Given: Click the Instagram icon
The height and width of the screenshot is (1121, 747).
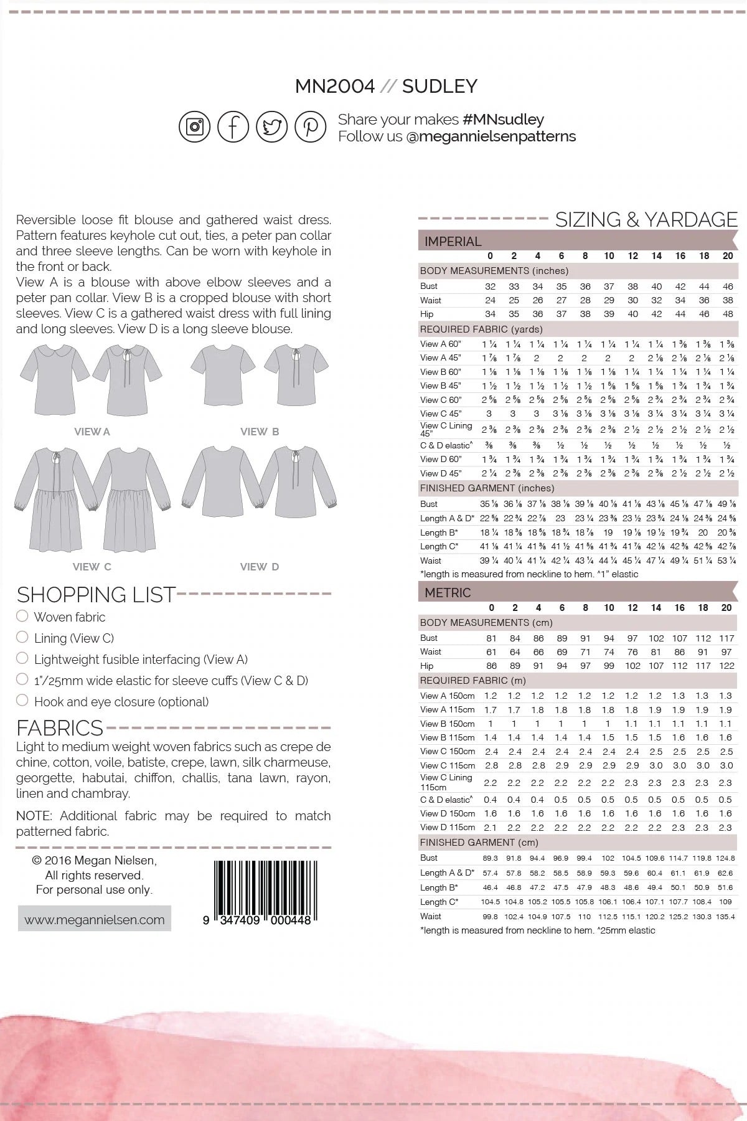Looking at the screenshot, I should click(x=195, y=127).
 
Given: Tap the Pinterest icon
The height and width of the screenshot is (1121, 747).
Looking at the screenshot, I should click(x=310, y=127).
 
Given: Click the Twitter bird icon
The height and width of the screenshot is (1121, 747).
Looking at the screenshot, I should click(x=271, y=127).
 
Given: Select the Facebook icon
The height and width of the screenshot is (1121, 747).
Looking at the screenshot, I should click(x=233, y=127).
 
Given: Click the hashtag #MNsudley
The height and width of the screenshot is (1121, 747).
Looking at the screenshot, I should click(x=504, y=120).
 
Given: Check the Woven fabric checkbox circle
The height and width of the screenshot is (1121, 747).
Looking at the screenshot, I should click(x=22, y=617).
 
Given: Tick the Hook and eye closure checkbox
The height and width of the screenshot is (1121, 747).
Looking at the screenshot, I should click(x=22, y=701).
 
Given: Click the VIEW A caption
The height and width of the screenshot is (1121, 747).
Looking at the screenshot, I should click(x=92, y=432).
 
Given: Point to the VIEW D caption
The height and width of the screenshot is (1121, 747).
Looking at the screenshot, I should click(x=259, y=567).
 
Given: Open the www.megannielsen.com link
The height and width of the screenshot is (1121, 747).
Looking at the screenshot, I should click(x=95, y=920).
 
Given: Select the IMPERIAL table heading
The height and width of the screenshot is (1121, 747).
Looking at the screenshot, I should click(x=453, y=242).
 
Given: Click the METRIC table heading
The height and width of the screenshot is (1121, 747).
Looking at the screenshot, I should click(x=448, y=593).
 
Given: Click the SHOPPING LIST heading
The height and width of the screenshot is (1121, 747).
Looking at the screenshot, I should click(x=96, y=595).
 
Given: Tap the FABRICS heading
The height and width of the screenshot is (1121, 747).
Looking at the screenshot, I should click(x=60, y=728).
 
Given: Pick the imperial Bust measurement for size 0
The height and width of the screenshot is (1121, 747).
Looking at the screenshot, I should click(x=491, y=286).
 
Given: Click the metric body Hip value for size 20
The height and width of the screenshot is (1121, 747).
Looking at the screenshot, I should click(x=726, y=666).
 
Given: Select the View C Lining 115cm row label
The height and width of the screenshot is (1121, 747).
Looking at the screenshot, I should click(x=446, y=782).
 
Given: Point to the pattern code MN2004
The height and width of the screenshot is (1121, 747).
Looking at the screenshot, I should click(x=335, y=86).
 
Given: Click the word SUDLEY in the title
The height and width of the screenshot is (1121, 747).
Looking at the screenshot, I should click(x=439, y=86).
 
